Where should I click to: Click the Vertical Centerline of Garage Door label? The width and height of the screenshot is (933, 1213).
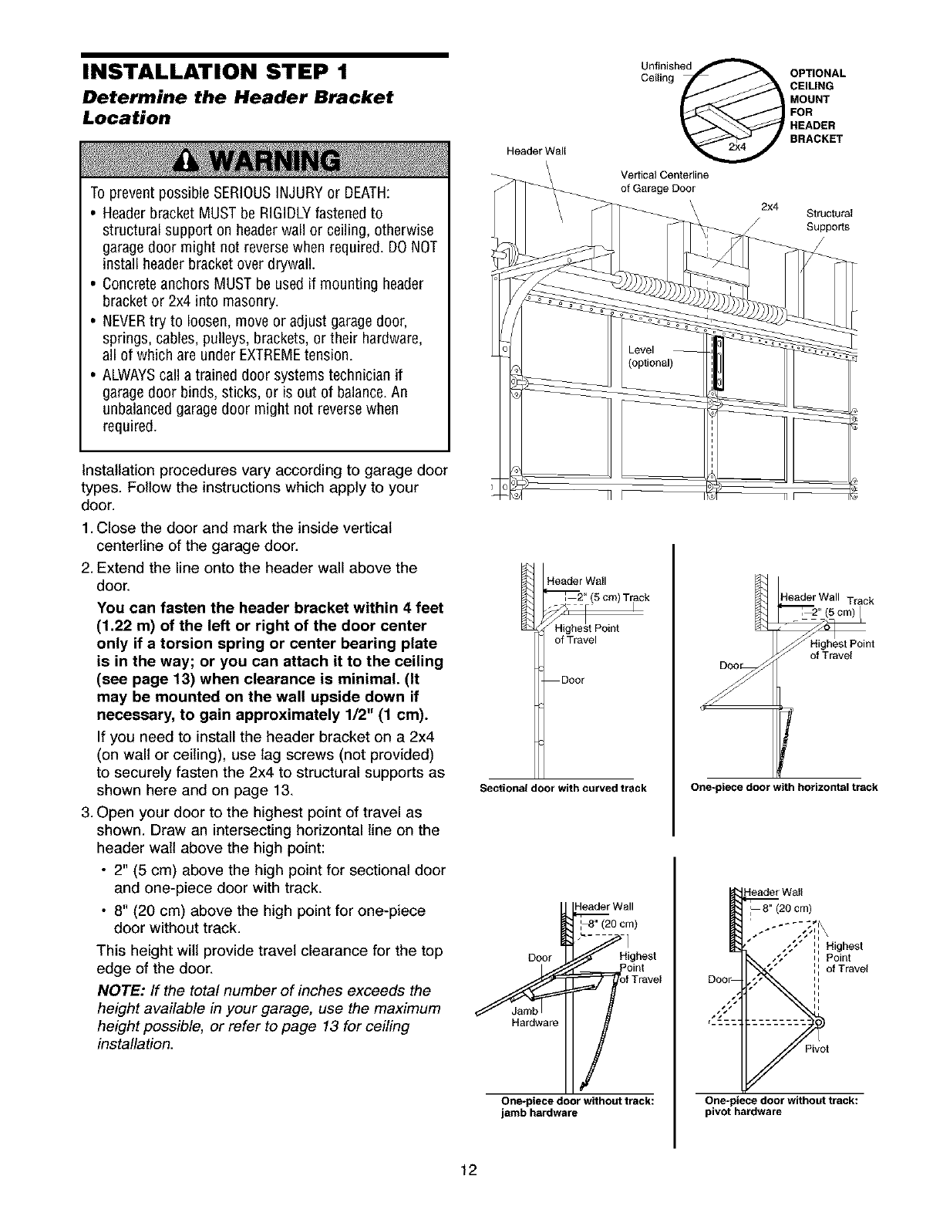pyautogui.click(x=658, y=182)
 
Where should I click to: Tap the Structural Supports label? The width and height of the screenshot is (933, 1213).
pyautogui.click(x=828, y=221)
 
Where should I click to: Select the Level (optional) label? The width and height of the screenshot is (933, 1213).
pyautogui.click(x=651, y=356)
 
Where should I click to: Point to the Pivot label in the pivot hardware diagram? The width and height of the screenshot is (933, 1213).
pyautogui.click(x=817, y=1049)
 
